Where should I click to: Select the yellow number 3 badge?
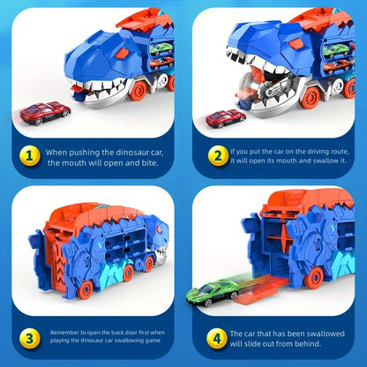click(29, 335)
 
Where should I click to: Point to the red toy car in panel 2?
click(226, 118)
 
